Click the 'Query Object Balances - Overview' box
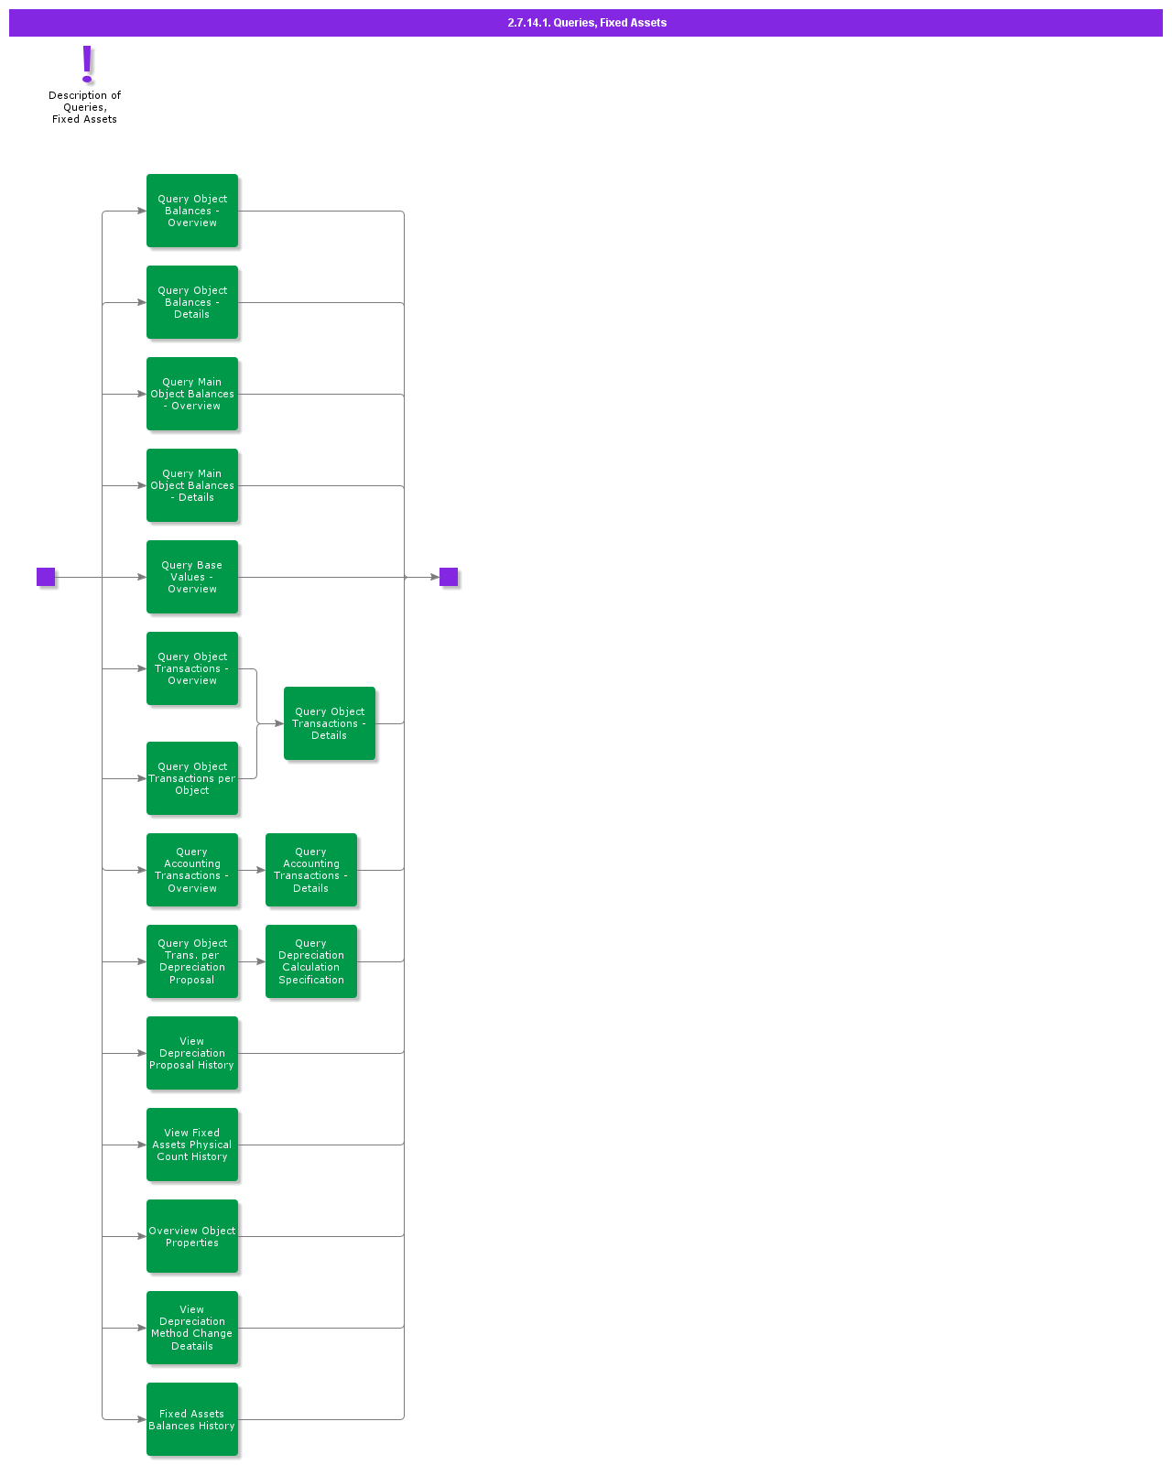192,211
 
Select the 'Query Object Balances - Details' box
192,302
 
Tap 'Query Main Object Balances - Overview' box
192,394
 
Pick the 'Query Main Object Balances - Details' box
192,485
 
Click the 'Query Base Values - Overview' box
192,577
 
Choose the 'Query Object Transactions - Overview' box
192,668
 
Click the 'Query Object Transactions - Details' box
330,723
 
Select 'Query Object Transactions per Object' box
192,778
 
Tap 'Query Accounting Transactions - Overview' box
192,870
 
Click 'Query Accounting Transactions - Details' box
311,870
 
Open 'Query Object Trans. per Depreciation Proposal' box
192,961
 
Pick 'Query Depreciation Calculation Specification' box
311,961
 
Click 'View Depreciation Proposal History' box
192,1053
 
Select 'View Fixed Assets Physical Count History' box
192,1145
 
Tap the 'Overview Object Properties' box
192,1236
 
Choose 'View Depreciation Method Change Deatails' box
192,1328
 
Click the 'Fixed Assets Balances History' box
192,1419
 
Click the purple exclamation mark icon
87,64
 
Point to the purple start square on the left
46,577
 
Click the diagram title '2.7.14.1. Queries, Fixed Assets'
587,23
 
